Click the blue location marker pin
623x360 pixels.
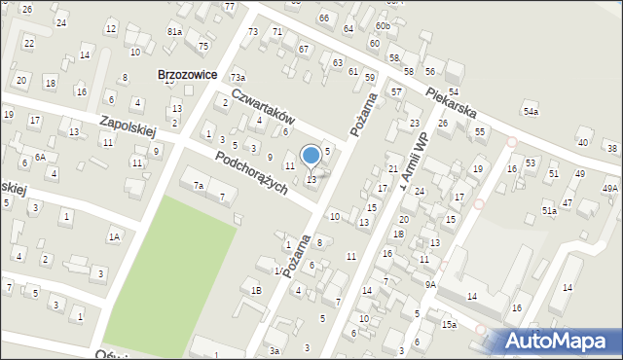pyautogui.click(x=311, y=156)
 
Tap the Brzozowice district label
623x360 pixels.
pyautogui.click(x=188, y=74)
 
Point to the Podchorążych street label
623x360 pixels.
pyautogui.click(x=251, y=173)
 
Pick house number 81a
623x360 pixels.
pyautogui.click(x=174, y=31)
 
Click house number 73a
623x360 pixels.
pyautogui.click(x=238, y=77)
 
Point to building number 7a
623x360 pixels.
pyautogui.click(x=199, y=185)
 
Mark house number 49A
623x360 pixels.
pyautogui.click(x=610, y=188)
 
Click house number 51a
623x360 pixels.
pyautogui.click(x=549, y=210)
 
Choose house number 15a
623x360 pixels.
pyautogui.click(x=448, y=324)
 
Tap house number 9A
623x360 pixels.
pyautogui.click(x=429, y=285)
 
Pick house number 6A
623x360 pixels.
pyautogui.click(x=40, y=157)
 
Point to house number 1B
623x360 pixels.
pyautogui.click(x=256, y=290)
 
